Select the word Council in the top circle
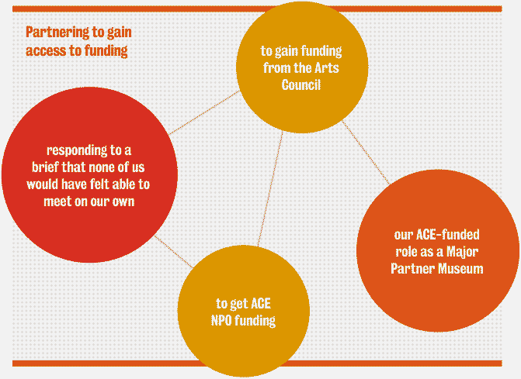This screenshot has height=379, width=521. pos(301,85)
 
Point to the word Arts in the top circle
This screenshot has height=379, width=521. pos(327,68)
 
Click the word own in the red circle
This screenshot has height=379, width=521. pos(123,202)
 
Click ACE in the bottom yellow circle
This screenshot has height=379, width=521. pos(261,304)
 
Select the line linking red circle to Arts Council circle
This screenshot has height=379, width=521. pos(204,112)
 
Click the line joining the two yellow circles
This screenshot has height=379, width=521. pos(270,188)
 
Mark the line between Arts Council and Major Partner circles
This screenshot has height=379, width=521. pos(366,153)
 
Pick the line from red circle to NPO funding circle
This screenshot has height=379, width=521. pos(174,252)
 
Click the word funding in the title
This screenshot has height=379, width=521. pos(106,51)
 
